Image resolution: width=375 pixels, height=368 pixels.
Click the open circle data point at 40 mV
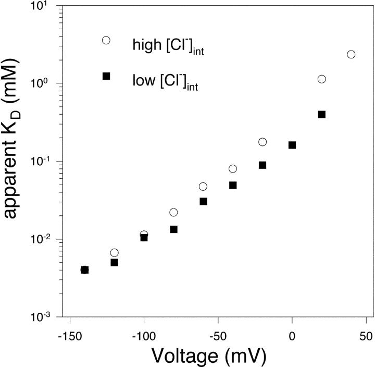[351, 54]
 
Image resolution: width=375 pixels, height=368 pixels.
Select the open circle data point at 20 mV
[321, 79]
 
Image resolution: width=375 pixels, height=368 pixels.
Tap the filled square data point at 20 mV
[321, 114]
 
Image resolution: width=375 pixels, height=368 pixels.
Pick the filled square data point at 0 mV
[292, 145]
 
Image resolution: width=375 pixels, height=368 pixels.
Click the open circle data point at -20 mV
[262, 142]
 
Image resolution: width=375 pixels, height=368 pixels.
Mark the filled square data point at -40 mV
[233, 185]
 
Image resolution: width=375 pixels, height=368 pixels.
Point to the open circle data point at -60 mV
[203, 187]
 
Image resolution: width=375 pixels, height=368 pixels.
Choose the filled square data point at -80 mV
[174, 229]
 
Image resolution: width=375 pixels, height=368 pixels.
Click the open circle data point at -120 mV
[115, 252]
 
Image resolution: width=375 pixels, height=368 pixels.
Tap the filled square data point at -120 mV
[115, 262]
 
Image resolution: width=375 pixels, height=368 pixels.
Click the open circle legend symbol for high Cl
[106, 40]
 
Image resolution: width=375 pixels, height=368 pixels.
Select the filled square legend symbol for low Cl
[106, 76]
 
